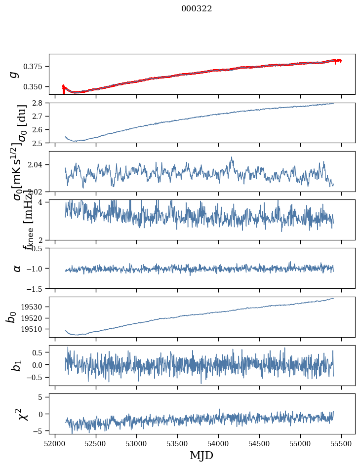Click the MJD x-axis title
[201, 455]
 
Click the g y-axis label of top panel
[15, 74]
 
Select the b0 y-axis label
[11, 317]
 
